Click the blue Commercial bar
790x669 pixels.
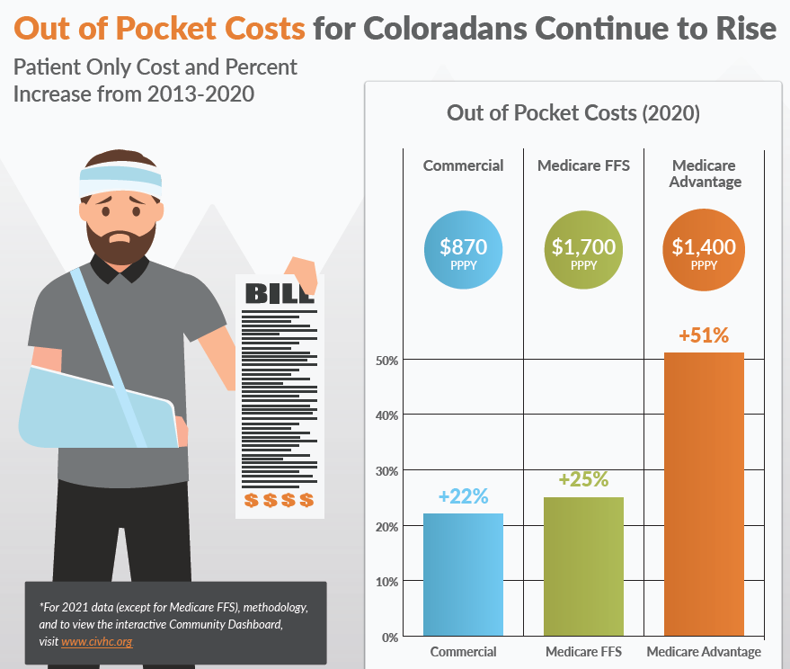[x=464, y=575]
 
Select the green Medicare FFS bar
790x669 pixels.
[x=583, y=566]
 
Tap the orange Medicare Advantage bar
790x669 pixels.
[x=704, y=494]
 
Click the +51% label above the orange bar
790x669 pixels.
[x=704, y=335]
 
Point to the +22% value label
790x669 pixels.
[x=463, y=495]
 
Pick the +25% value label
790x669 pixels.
[x=583, y=479]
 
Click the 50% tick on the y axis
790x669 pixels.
[x=387, y=361]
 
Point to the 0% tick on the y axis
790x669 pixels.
[x=390, y=638]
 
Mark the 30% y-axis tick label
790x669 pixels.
[x=387, y=471]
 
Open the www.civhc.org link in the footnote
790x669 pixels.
[x=96, y=642]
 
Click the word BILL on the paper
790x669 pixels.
[x=280, y=293]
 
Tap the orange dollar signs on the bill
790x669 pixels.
[x=280, y=500]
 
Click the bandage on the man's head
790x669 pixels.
[x=120, y=173]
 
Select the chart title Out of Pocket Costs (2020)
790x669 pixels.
[x=573, y=113]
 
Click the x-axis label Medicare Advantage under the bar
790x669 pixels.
[x=704, y=652]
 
